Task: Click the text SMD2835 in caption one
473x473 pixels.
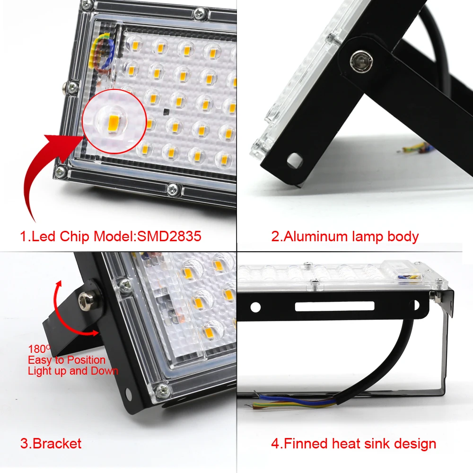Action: click(x=169, y=236)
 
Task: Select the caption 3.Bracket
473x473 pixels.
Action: click(x=51, y=444)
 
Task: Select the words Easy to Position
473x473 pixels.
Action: click(x=66, y=360)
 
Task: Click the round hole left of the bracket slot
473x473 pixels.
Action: click(x=256, y=307)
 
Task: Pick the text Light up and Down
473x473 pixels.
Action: click(x=72, y=371)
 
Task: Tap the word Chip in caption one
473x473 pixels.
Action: click(x=77, y=236)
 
